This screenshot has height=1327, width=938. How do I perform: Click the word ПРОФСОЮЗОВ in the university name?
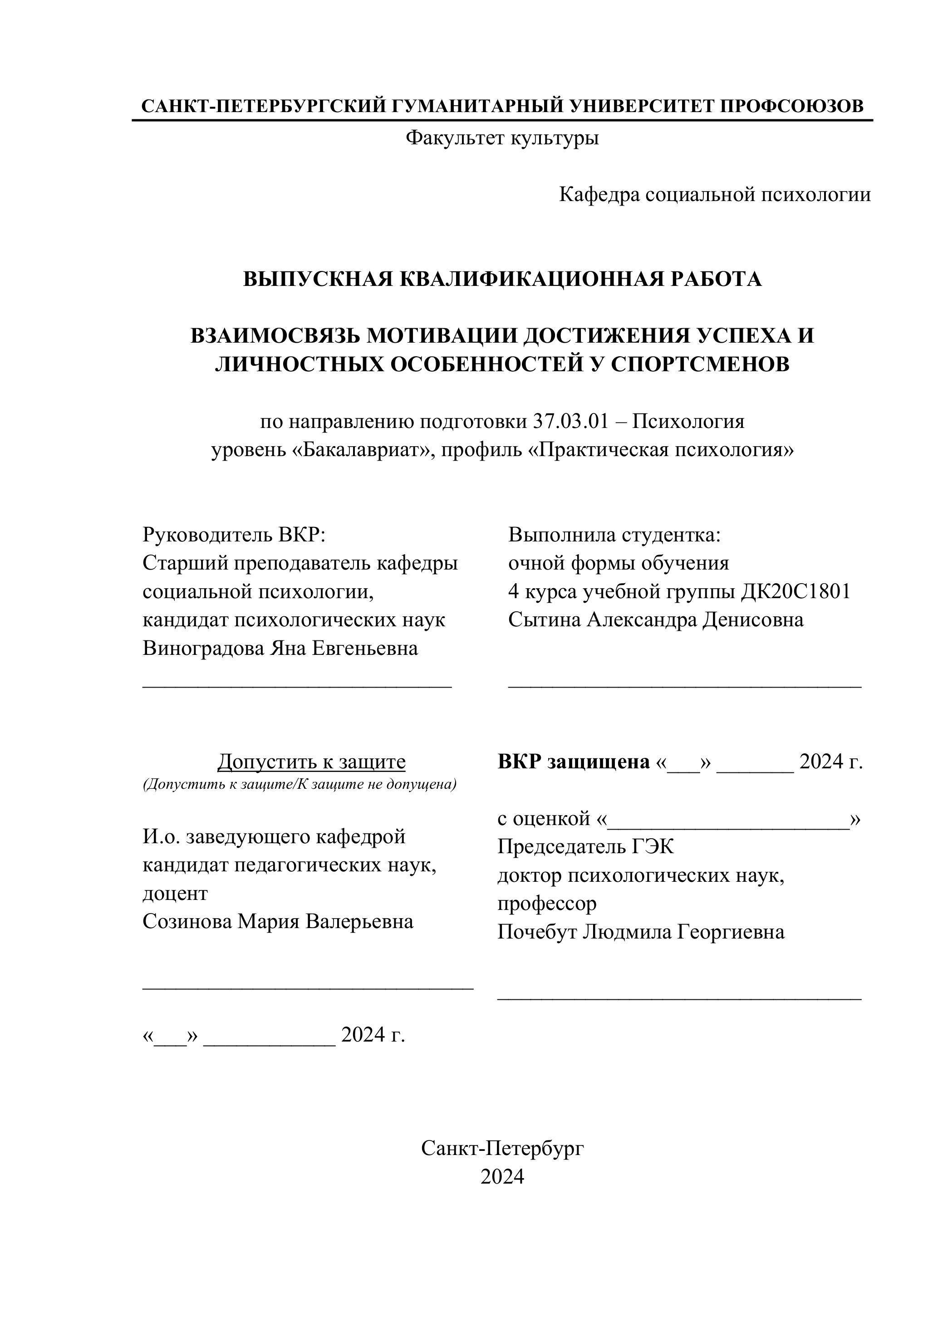click(792, 106)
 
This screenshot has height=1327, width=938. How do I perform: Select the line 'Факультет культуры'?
click(501, 138)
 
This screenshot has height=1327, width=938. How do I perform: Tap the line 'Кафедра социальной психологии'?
click(714, 195)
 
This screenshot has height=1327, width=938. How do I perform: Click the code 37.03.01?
click(570, 421)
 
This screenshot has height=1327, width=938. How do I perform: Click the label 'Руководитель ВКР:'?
click(234, 535)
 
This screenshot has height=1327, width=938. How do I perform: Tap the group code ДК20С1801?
click(796, 591)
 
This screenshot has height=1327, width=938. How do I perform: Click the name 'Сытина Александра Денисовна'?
click(655, 619)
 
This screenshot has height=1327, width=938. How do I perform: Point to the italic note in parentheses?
click(300, 784)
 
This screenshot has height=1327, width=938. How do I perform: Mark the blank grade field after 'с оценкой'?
click(729, 820)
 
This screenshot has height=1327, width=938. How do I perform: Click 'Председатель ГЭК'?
click(585, 847)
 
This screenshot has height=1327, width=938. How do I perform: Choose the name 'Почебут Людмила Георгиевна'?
click(640, 932)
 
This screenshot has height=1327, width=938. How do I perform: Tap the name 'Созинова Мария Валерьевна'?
click(278, 921)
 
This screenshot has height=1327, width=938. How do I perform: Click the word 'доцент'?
click(175, 893)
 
